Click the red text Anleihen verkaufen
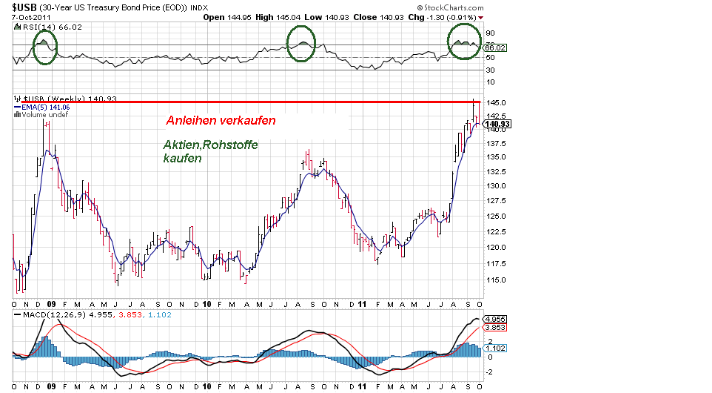click(x=221, y=119)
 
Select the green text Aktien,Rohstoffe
click(x=211, y=145)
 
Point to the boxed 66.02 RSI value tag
click(x=494, y=47)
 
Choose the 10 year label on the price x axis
click(x=208, y=304)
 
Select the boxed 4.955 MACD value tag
click(x=494, y=319)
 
